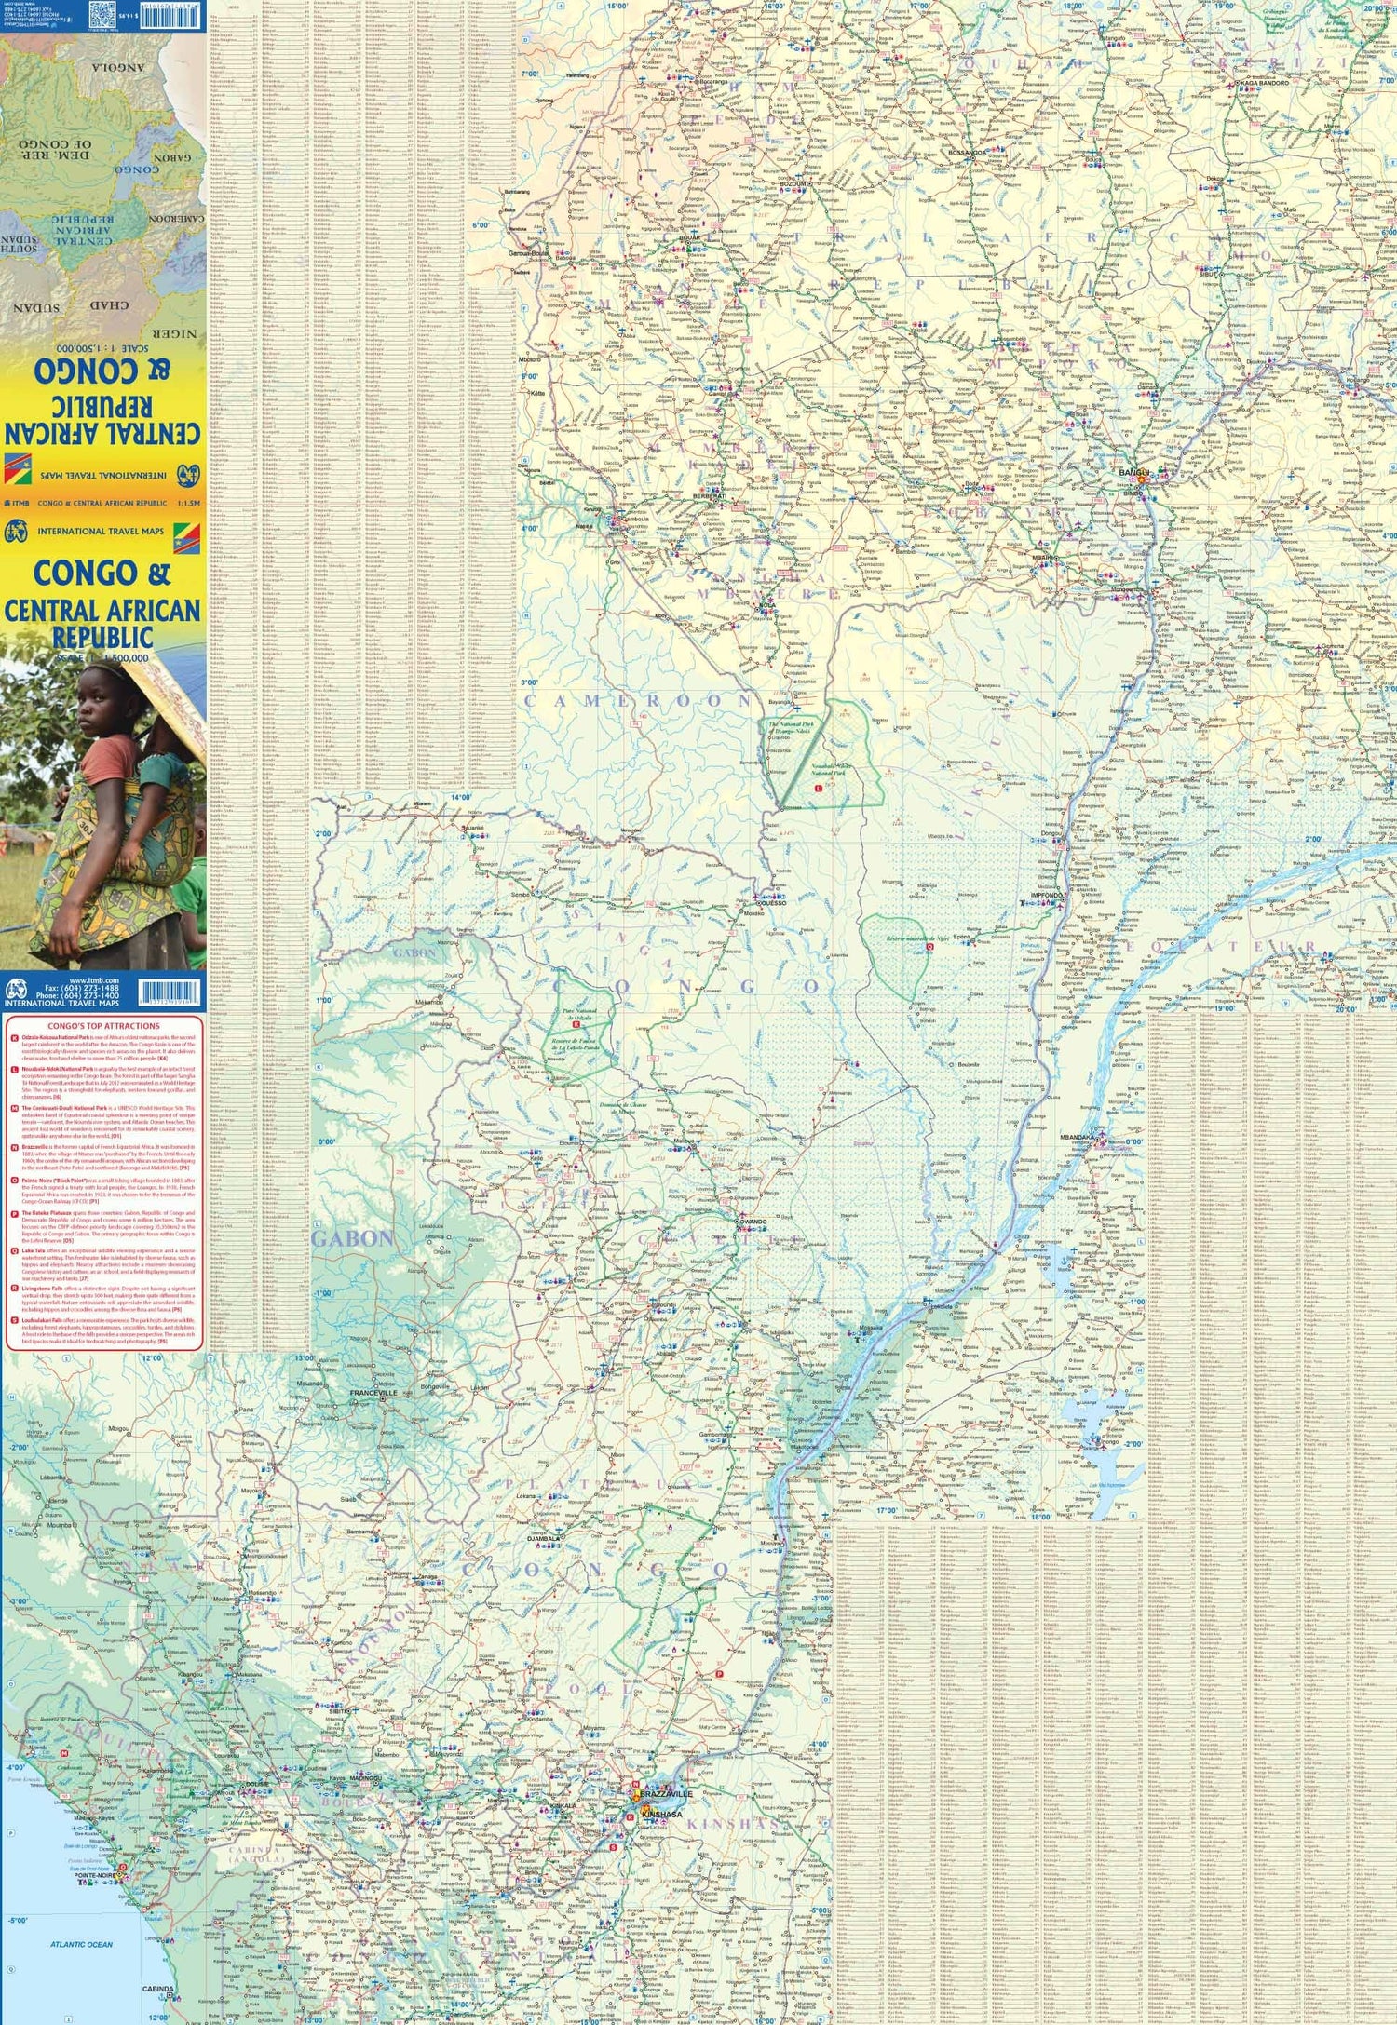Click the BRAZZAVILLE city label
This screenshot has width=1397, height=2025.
pos(667,1793)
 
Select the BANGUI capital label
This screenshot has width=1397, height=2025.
pos(1134,472)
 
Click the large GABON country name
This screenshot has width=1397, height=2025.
pos(352,1237)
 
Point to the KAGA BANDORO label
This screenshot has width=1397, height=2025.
pos(1264,83)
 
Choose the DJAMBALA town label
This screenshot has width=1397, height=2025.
pos(545,1539)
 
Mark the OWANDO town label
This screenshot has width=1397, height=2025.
pos(753,1220)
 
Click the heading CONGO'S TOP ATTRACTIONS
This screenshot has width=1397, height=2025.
pos(102,1026)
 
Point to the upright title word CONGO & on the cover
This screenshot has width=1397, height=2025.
pos(102,574)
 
